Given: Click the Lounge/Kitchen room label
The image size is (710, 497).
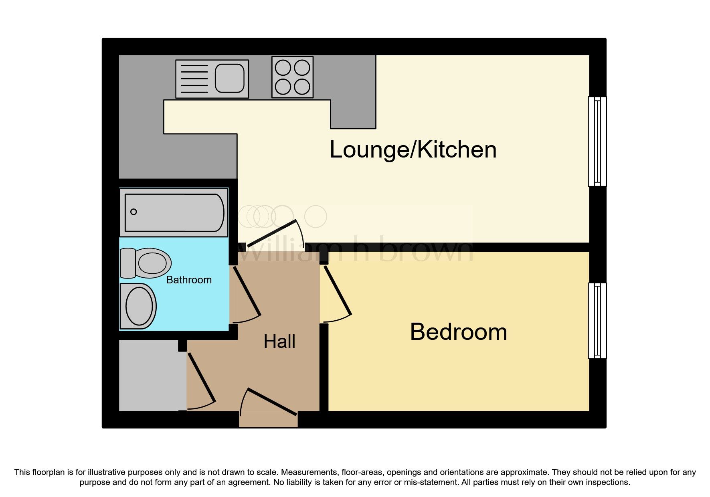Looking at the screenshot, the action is (413, 150).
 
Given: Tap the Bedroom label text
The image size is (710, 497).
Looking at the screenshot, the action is (458, 332).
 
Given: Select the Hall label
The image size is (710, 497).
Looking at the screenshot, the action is (279, 342).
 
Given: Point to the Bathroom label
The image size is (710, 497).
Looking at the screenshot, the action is (189, 280).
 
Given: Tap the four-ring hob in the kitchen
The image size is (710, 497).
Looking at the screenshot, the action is (292, 77).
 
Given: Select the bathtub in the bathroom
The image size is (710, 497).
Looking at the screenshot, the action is (174, 212).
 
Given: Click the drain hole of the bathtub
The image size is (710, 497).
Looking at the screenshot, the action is (134, 212).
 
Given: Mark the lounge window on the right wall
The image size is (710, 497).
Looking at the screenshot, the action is (597, 141).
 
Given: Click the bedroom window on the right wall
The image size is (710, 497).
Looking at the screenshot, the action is (597, 321).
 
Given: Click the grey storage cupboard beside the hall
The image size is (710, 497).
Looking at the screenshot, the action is (153, 376).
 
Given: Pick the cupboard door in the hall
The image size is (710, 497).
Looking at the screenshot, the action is (202, 377).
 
